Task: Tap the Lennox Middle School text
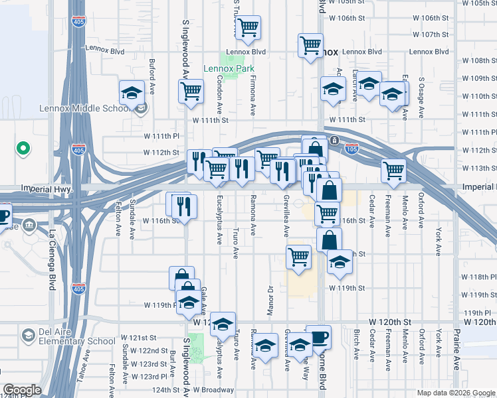click(84, 109)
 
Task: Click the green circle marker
click(23, 149)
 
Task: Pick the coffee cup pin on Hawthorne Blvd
click(318, 336)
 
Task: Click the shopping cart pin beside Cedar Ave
click(393, 170)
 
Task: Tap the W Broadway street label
click(213, 390)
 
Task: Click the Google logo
click(22, 390)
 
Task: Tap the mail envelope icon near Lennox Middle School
click(140, 110)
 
